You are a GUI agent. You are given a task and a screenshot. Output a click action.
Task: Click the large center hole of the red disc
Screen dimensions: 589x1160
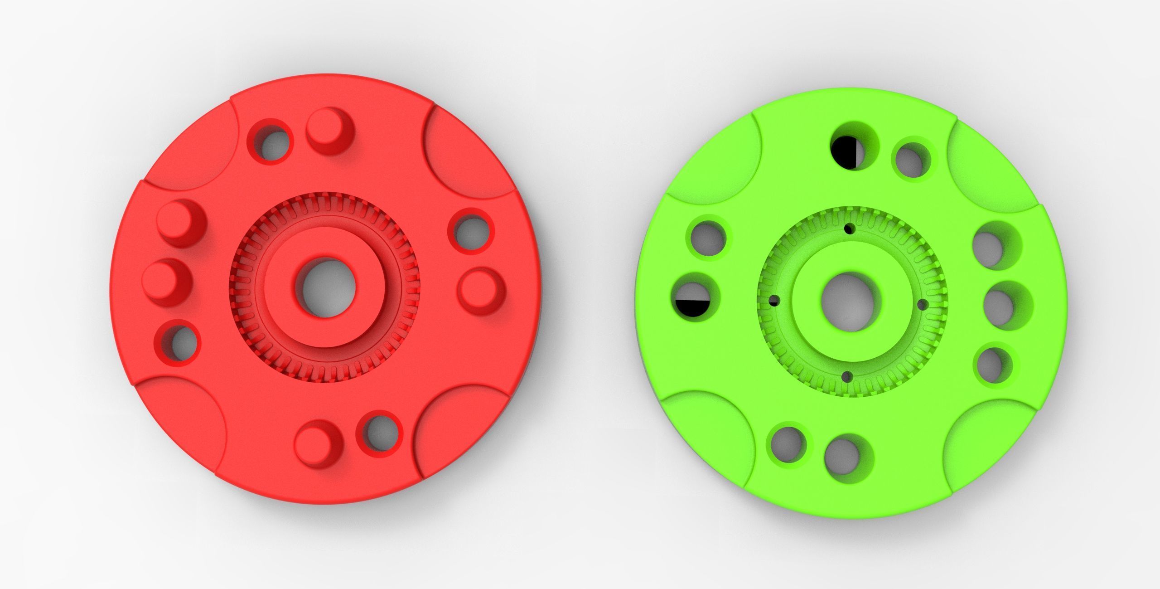click(325, 287)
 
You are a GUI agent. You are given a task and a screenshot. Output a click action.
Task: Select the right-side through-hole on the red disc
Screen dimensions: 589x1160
click(471, 230)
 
